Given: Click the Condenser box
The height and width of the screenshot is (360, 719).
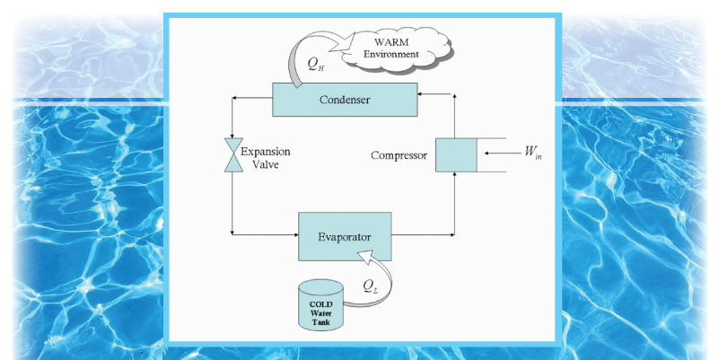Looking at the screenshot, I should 345,99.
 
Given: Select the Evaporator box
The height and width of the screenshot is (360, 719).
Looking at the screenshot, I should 344,236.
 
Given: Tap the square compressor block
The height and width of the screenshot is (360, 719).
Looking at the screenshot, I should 456,155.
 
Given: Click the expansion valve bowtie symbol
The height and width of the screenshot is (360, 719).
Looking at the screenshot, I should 232,155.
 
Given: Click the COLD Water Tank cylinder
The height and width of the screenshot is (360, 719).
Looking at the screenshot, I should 320,306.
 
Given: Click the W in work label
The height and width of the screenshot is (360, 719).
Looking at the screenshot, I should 533,154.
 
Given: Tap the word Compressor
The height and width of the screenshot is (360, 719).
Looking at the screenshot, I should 399,155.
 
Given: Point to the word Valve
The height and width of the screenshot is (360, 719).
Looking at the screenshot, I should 259,166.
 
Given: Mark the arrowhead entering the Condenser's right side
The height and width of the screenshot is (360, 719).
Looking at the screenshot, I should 423,92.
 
